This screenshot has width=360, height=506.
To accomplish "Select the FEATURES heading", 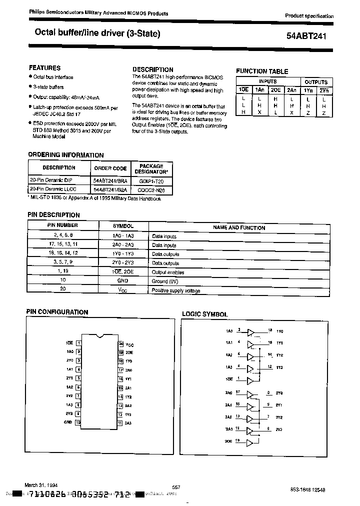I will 44,67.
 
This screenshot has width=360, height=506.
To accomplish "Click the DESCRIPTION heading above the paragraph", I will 152,69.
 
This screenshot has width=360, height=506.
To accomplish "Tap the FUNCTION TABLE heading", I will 262,71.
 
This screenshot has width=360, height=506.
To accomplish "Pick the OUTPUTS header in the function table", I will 316,81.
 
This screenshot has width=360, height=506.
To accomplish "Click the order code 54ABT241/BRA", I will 110,181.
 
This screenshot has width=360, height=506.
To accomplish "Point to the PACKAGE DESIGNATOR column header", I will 151,168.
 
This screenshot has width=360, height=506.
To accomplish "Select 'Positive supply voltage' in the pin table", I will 176,290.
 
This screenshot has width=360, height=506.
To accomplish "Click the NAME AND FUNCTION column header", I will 238,227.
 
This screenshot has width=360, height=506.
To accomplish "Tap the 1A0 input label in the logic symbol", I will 228,331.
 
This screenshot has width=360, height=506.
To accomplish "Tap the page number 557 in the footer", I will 175,486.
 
